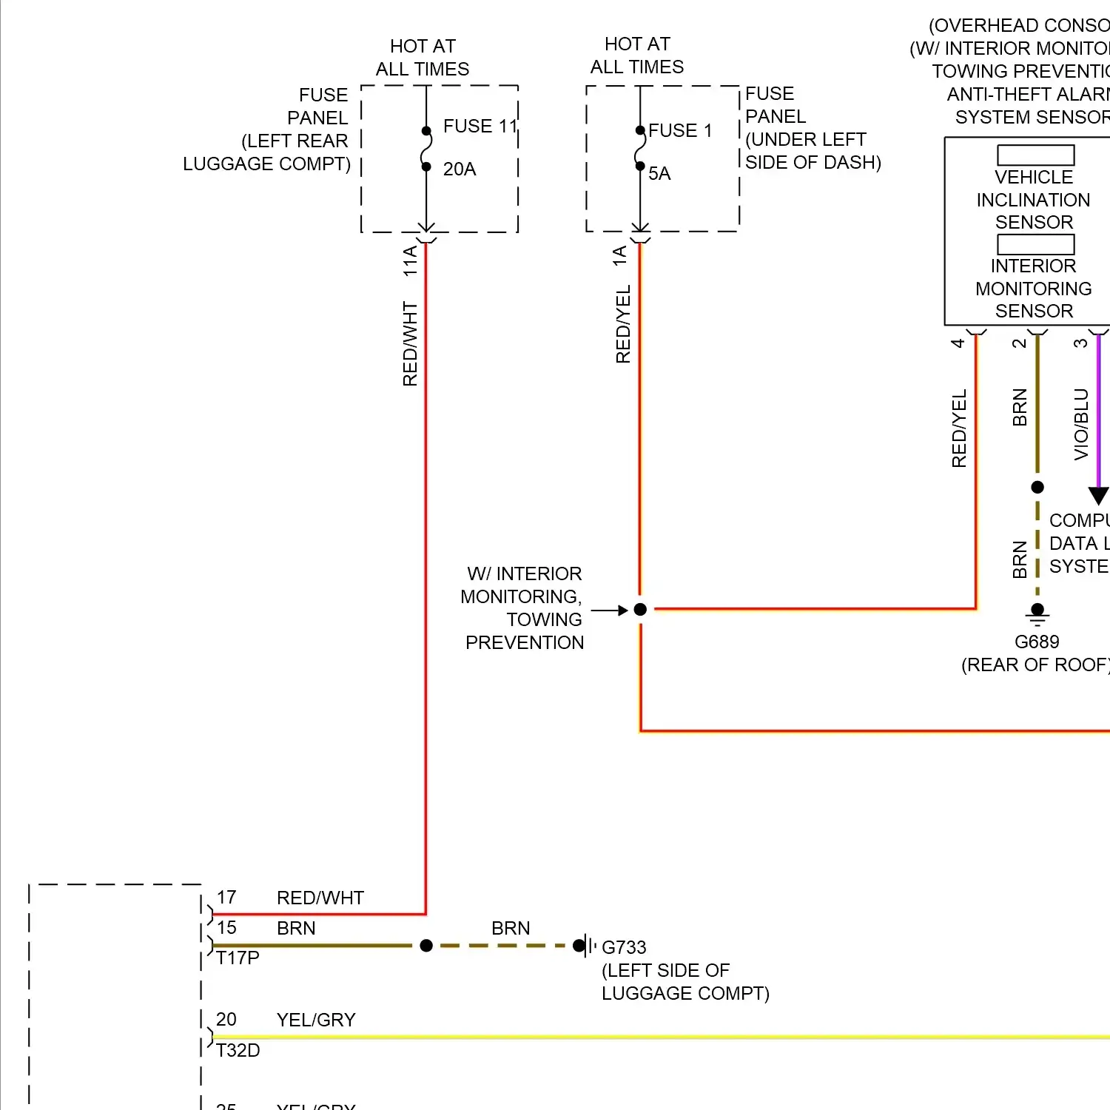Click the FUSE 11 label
tap(480, 127)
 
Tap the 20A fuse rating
tap(460, 169)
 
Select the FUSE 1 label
tap(680, 131)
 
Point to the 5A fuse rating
tap(659, 174)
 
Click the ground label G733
tap(624, 947)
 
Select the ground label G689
tap(1037, 642)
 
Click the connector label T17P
tap(238, 958)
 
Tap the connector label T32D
tap(238, 1051)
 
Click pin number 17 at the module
tap(226, 898)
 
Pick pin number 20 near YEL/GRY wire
tap(226, 1020)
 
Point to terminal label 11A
tap(410, 261)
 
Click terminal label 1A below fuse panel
tap(620, 256)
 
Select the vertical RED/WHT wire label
tap(410, 343)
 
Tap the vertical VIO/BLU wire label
tap(1081, 425)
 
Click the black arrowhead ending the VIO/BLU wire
tap(1099, 496)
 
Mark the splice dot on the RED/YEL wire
tap(641, 610)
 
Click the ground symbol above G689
tap(1037, 614)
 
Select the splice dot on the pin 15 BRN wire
tap(426, 946)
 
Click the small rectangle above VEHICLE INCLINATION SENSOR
tap(1035, 155)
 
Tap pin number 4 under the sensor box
tap(958, 343)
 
